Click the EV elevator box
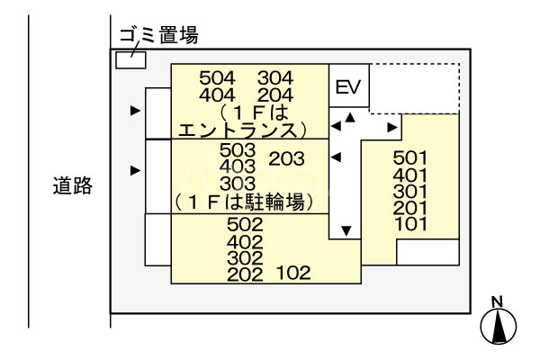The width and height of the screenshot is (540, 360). click(x=346, y=87)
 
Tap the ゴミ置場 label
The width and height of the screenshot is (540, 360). click(x=158, y=36)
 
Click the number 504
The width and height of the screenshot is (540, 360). click(x=217, y=78)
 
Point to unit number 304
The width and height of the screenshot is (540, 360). click(x=275, y=78)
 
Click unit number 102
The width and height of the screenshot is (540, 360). click(x=292, y=273)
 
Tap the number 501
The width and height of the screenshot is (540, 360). click(x=410, y=158)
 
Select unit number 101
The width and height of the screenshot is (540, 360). click(x=410, y=223)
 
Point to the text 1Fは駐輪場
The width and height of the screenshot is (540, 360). click(x=247, y=202)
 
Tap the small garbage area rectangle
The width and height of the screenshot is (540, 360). click(x=130, y=58)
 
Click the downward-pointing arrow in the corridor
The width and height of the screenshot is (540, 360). click(x=346, y=230)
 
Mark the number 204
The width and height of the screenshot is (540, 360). click(x=275, y=94)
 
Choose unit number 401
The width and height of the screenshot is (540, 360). click(x=410, y=175)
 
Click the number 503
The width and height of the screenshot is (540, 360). click(x=238, y=150)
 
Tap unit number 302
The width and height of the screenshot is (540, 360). click(x=245, y=257)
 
